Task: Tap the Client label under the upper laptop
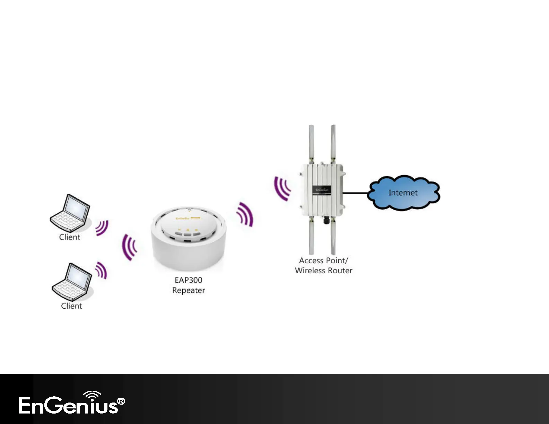click(x=70, y=237)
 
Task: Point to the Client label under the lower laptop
click(x=72, y=306)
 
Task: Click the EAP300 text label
click(x=189, y=280)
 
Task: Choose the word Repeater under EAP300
click(x=189, y=290)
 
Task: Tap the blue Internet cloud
click(x=403, y=193)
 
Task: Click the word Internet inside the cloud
click(x=403, y=193)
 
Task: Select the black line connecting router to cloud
click(x=356, y=193)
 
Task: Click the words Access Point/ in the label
click(x=323, y=260)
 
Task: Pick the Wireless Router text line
click(x=324, y=271)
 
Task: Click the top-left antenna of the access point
click(x=311, y=142)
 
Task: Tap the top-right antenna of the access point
click(x=333, y=142)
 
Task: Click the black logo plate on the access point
click(x=322, y=190)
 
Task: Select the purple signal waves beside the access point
click(x=282, y=188)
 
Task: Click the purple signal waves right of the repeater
click(x=245, y=214)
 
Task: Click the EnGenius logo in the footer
click(x=71, y=403)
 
